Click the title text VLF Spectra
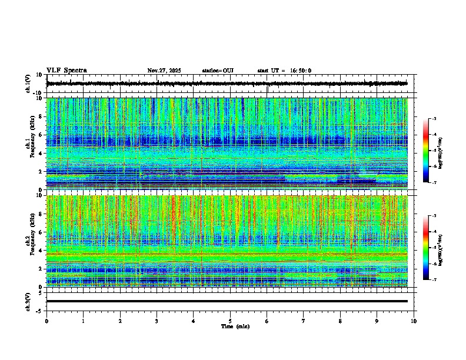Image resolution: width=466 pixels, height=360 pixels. [66, 71]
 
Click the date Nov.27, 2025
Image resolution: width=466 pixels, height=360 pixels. [164, 71]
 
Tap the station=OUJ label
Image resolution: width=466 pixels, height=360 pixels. [218, 71]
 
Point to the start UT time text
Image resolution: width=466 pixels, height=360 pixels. [284, 71]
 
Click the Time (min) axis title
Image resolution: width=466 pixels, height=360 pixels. [235, 326]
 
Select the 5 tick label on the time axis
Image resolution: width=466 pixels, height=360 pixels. [230, 321]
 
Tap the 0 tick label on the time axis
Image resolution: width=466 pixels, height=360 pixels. [46, 321]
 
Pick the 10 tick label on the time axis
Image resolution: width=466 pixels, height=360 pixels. [414, 321]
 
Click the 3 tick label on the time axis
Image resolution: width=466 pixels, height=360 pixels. [157, 321]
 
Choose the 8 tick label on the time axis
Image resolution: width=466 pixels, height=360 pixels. [340, 321]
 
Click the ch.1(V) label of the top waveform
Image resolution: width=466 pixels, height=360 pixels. [28, 84]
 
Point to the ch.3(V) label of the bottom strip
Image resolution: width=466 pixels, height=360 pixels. [28, 301]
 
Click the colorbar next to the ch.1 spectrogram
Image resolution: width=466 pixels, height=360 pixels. [426, 151]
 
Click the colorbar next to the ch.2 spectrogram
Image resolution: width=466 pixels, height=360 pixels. [426, 248]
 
